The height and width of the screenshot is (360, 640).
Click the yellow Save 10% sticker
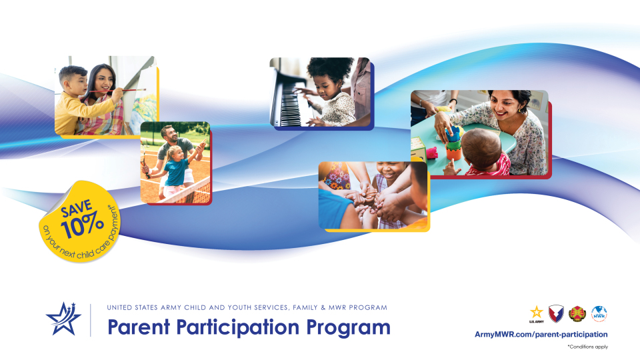(79, 221)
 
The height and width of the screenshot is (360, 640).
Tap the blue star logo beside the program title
(63, 319)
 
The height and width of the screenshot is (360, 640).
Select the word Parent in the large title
(139, 327)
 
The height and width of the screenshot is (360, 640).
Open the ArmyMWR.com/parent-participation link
(541, 334)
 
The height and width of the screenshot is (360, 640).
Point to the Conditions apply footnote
(587, 347)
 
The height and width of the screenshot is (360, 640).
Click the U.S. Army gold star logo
(536, 314)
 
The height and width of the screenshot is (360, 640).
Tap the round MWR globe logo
(599, 314)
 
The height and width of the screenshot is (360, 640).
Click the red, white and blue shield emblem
(556, 314)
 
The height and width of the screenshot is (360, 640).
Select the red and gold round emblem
(577, 314)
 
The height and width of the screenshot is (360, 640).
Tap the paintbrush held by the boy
(123, 90)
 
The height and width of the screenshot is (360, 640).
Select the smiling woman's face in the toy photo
(505, 106)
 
